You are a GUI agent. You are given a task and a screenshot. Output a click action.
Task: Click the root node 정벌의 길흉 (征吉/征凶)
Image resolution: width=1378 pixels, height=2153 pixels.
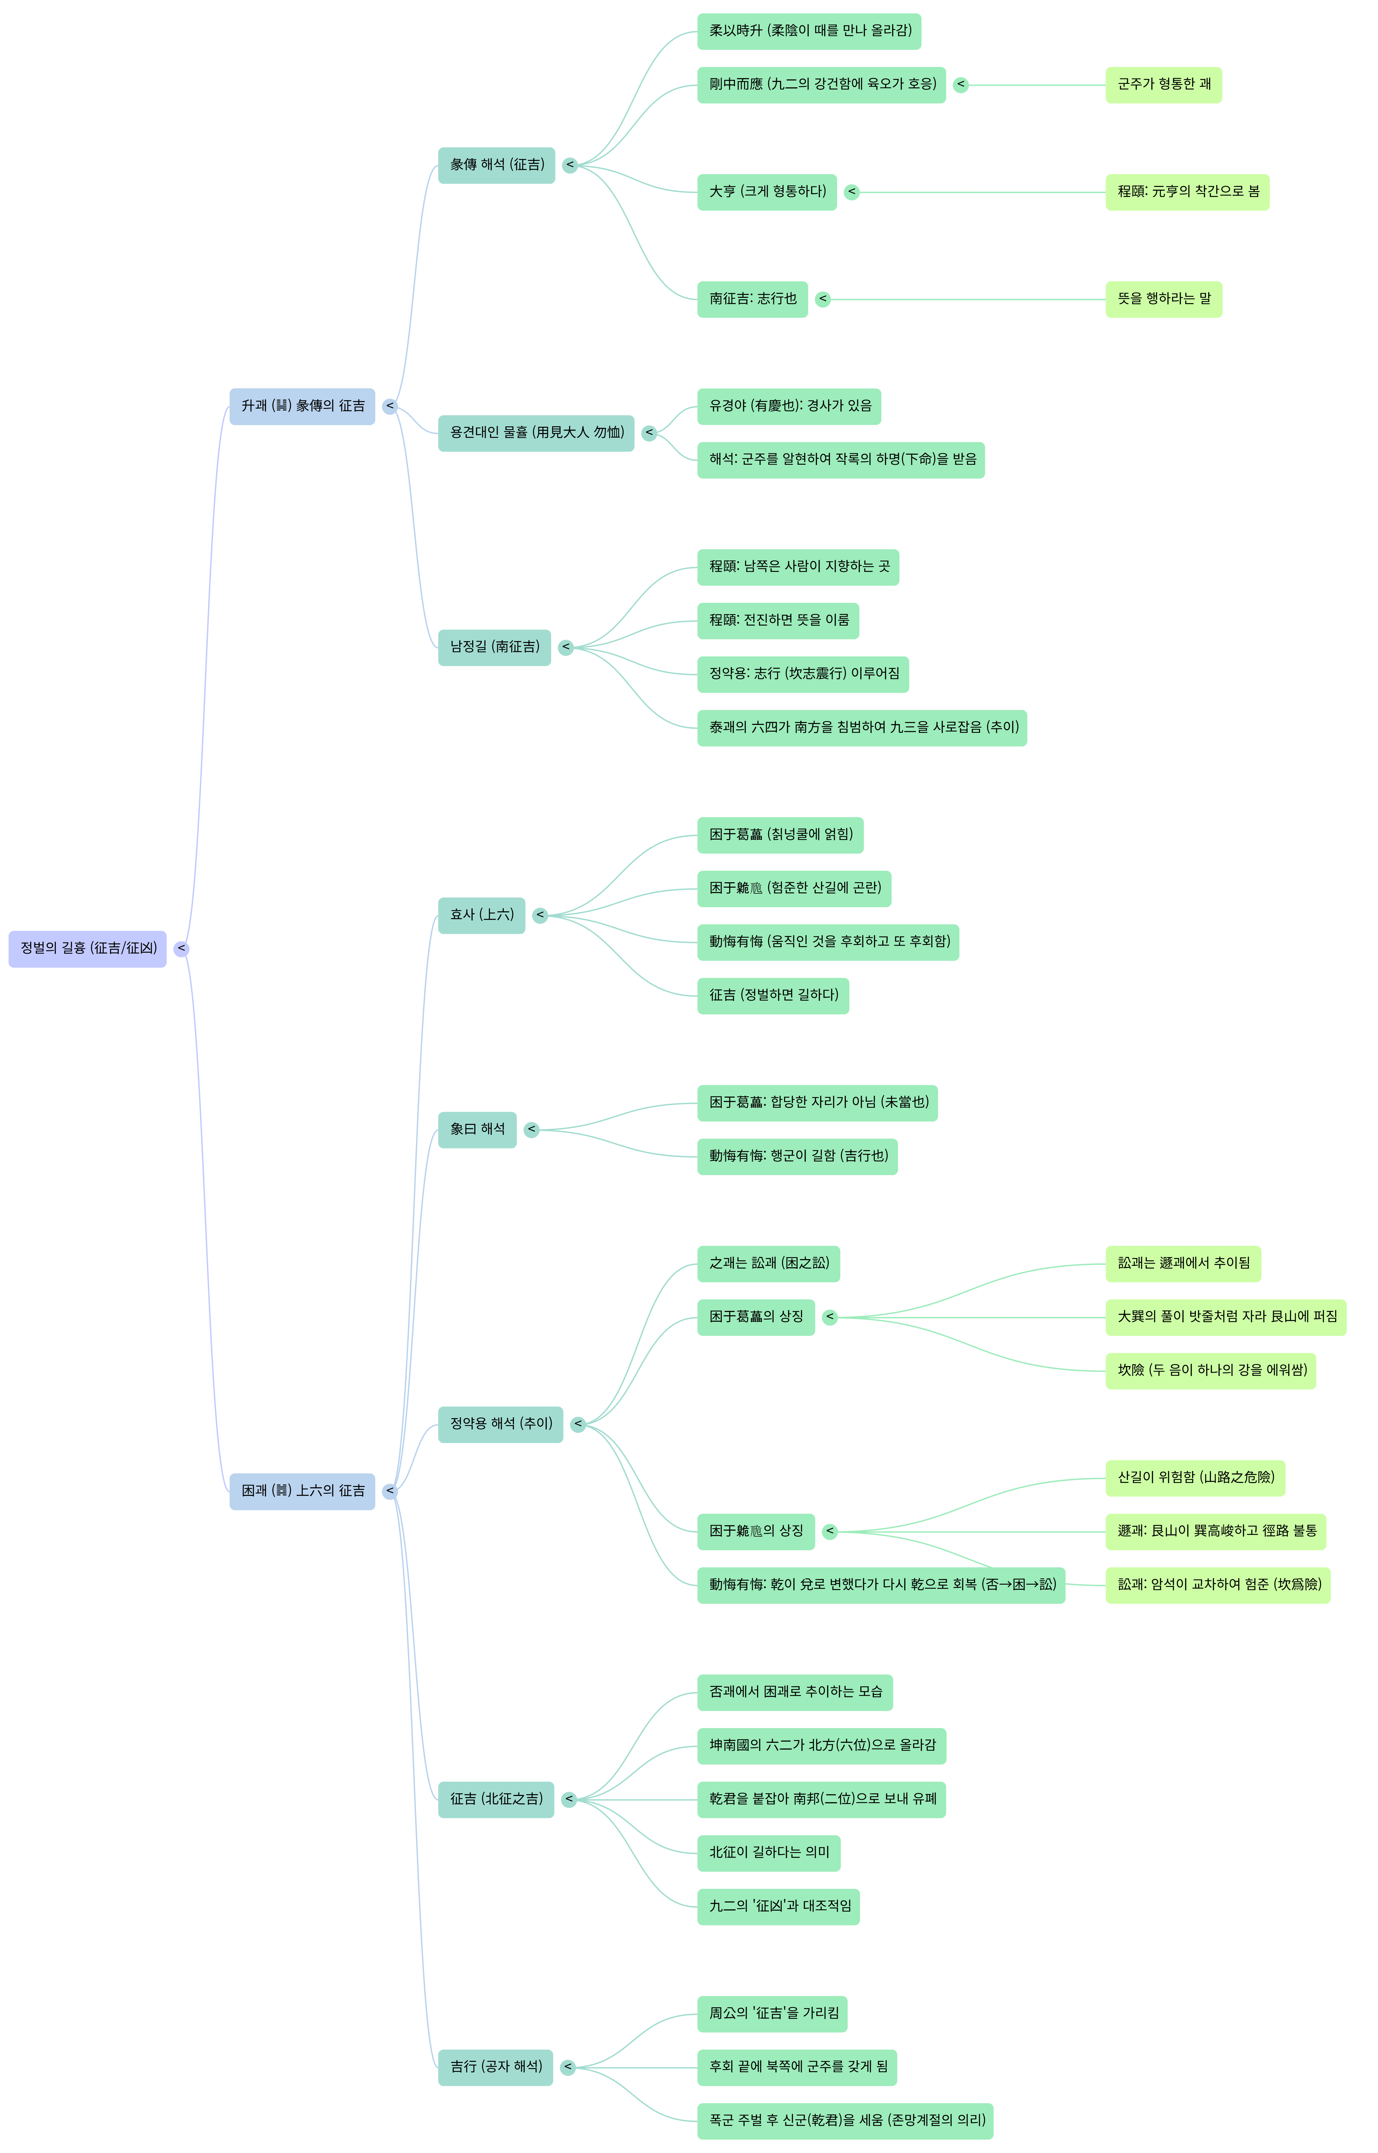87,948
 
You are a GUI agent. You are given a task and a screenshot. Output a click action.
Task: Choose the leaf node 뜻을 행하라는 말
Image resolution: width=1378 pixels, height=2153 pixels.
1163,299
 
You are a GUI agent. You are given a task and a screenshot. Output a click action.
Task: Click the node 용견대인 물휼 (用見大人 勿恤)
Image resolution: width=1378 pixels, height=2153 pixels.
536,433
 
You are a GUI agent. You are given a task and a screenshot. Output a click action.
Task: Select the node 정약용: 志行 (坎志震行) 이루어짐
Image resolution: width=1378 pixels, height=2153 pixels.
803,674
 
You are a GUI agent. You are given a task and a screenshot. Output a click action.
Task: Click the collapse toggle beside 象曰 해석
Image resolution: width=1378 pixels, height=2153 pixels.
532,1129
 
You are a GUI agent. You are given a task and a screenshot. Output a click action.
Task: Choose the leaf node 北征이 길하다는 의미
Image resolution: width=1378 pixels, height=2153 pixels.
769,1852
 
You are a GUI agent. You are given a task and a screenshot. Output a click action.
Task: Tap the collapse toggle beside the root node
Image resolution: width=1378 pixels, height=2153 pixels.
182,948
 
